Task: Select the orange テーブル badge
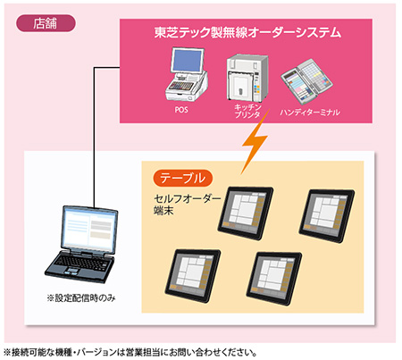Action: [185, 177]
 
